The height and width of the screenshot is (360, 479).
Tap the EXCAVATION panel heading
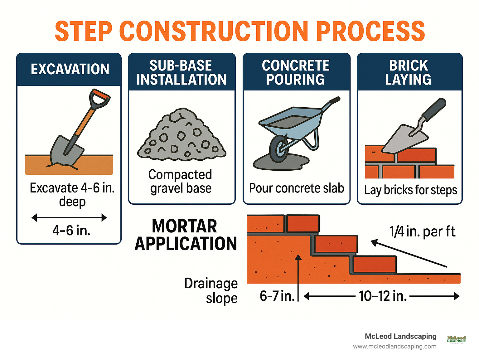[x=70, y=69]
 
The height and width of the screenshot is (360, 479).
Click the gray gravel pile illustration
[x=181, y=135]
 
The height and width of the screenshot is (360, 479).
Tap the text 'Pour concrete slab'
[x=296, y=188]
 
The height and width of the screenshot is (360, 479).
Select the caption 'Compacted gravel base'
[x=181, y=181]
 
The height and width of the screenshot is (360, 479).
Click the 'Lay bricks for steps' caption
[x=410, y=190]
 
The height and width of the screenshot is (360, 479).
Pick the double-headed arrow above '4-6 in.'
[x=69, y=217]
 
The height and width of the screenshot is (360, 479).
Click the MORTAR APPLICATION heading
[x=185, y=235]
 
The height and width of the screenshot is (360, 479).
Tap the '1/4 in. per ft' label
[x=422, y=232]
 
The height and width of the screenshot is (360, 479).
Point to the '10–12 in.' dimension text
[x=383, y=296]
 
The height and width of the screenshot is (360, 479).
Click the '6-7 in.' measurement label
[x=277, y=296]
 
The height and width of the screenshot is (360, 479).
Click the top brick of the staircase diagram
[x=302, y=223]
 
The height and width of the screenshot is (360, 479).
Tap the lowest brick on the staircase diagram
[x=375, y=265]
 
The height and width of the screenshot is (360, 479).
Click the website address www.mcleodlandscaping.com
[x=394, y=347]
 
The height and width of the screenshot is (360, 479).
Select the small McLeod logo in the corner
[x=456, y=339]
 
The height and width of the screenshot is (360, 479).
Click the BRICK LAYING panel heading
[x=408, y=72]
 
